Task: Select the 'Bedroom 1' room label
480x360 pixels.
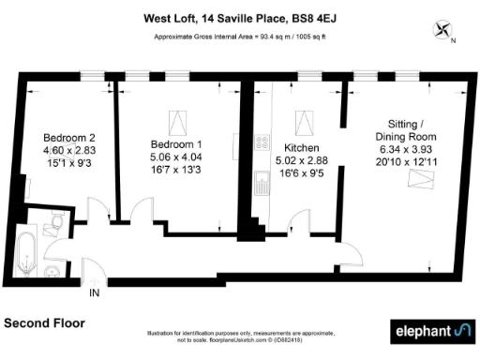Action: (174, 143)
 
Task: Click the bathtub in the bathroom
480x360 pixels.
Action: (27, 250)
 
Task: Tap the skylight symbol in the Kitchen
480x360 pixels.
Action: (304, 121)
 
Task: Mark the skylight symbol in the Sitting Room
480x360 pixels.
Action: (412, 179)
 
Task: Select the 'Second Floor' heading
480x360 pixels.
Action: (44, 322)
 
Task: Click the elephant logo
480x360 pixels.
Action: (430, 331)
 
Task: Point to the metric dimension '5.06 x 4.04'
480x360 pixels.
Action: (174, 157)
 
